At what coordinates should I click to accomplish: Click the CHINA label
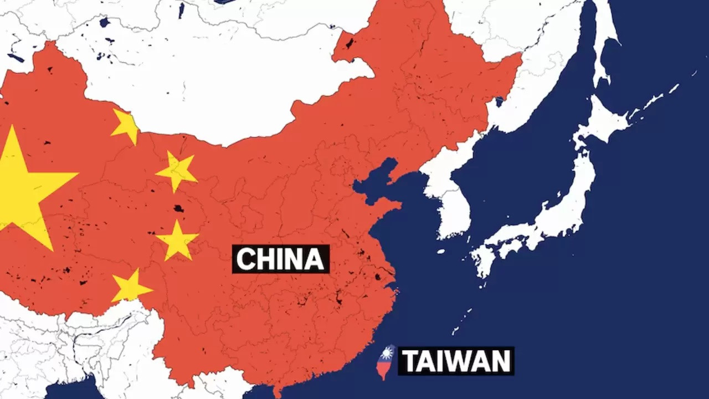pos(280,259)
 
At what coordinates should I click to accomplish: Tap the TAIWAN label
pos(456,361)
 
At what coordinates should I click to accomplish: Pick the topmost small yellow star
pos(126,126)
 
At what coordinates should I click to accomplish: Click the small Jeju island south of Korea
pos(441,251)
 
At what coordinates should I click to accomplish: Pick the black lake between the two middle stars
pos(178,209)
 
